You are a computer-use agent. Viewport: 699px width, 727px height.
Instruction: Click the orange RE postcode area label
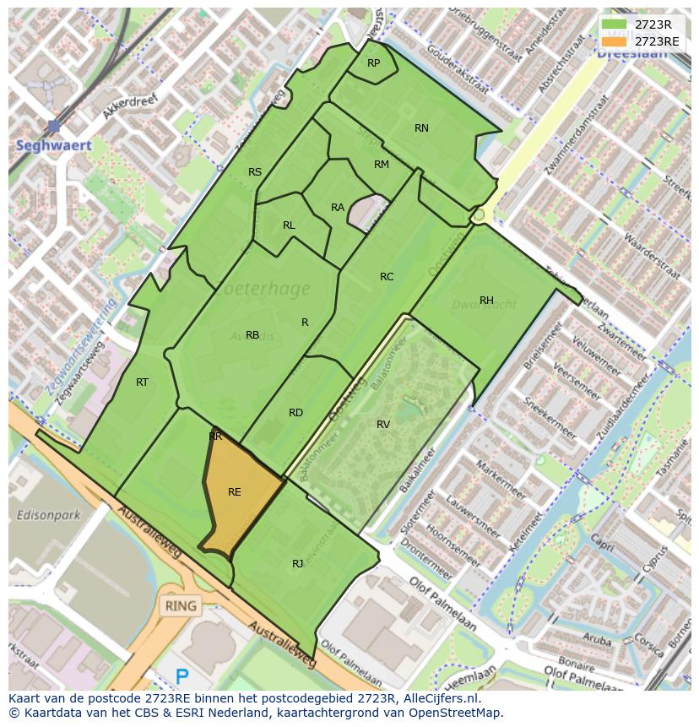(x=235, y=492)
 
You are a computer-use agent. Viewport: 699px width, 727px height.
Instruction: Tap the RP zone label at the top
(x=373, y=63)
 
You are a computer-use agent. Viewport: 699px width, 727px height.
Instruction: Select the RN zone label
(x=421, y=128)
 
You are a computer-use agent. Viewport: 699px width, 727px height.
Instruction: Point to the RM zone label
(x=382, y=165)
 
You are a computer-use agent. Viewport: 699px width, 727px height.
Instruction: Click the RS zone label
(x=255, y=172)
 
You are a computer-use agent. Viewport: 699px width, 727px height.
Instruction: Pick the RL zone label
(x=289, y=225)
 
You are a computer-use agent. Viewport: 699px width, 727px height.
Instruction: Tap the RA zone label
(x=338, y=208)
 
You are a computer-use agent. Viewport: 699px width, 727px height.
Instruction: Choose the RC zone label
(x=387, y=277)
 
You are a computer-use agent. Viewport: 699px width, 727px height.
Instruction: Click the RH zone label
(x=486, y=301)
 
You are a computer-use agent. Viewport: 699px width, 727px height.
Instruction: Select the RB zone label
(x=252, y=335)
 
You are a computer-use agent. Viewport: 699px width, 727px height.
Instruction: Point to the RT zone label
(x=142, y=382)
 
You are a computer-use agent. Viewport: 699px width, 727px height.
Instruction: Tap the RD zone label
(x=295, y=413)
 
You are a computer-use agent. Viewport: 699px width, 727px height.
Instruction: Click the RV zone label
(x=383, y=425)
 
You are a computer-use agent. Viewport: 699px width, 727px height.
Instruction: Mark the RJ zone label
(x=297, y=563)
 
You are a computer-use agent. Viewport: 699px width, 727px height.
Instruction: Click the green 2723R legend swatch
(x=615, y=24)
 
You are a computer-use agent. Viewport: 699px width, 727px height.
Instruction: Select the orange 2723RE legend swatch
(x=615, y=41)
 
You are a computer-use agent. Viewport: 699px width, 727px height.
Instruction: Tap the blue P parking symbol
(x=182, y=676)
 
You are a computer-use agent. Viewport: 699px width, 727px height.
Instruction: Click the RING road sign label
(x=181, y=605)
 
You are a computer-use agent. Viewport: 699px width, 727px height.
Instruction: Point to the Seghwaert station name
(x=54, y=145)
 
